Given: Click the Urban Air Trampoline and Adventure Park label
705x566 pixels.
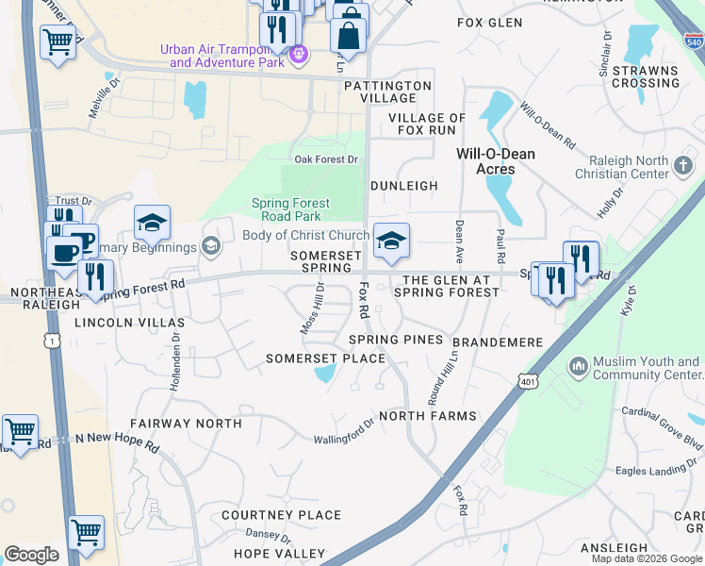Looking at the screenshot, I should [221, 56].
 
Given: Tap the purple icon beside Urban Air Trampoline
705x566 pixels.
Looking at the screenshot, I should [299, 55].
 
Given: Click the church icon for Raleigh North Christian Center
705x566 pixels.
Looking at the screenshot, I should [683, 166].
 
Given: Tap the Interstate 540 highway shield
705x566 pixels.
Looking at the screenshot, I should [693, 41].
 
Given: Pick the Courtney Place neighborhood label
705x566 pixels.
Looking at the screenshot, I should [281, 515].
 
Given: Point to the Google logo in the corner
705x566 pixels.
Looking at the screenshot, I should [31, 555].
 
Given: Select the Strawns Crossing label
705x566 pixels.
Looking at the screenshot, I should [646, 76].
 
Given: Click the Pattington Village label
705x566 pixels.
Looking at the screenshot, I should [387, 92].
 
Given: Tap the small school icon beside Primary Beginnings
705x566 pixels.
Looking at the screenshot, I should [211, 247].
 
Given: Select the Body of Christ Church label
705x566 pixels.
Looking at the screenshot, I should [305, 235].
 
